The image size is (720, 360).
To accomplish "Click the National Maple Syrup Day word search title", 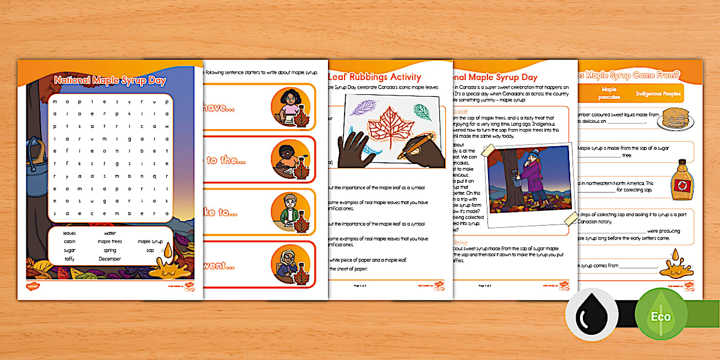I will (x=110, y=81).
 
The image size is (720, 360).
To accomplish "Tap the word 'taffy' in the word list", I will (x=69, y=259).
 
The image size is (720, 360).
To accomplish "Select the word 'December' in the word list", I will (x=109, y=259).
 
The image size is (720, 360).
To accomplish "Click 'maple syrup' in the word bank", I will (x=150, y=241).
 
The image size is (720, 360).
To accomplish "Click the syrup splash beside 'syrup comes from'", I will (x=675, y=261).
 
